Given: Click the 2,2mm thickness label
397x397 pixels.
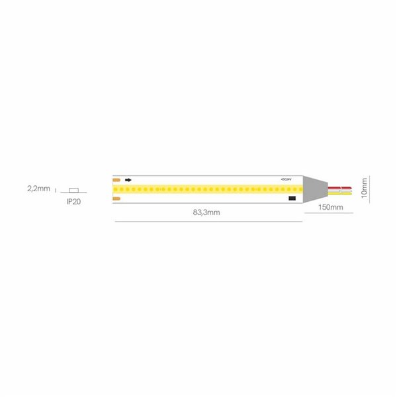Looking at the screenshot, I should tap(38, 189).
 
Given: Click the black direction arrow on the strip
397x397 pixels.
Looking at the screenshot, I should tap(128, 179).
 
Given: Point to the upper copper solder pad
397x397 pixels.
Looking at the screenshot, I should tap(116, 179).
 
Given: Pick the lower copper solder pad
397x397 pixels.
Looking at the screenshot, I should tap(116, 197).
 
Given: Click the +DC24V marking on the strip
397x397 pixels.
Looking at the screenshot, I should tap(286, 179).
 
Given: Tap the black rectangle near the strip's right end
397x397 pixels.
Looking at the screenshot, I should tap(291, 197).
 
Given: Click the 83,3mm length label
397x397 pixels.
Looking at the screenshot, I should tap(207, 213).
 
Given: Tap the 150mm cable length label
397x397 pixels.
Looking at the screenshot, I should tap(330, 208).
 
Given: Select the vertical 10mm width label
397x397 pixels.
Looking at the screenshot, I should tap(363, 189).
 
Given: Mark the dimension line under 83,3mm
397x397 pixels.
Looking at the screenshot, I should tap(207, 221).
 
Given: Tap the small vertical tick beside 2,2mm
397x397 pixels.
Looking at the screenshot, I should tap(56, 189).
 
